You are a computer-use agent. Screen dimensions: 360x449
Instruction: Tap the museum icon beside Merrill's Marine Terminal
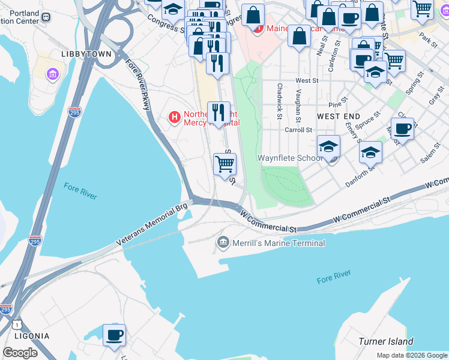(223, 242)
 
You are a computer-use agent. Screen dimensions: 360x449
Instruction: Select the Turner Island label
(385, 341)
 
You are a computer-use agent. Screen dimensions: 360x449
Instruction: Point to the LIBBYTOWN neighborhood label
(86, 54)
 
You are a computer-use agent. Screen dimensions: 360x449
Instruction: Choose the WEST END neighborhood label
(339, 116)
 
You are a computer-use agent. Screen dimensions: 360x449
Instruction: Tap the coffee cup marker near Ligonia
(114, 335)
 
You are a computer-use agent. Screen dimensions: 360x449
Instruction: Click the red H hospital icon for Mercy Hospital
(174, 116)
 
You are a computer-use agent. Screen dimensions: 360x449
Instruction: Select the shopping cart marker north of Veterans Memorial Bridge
(224, 163)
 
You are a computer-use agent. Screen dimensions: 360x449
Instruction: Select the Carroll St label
(298, 130)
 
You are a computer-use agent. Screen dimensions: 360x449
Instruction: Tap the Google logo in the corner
(20, 353)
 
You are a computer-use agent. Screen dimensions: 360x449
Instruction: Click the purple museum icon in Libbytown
(53, 74)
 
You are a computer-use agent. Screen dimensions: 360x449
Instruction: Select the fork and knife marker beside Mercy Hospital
(218, 112)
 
